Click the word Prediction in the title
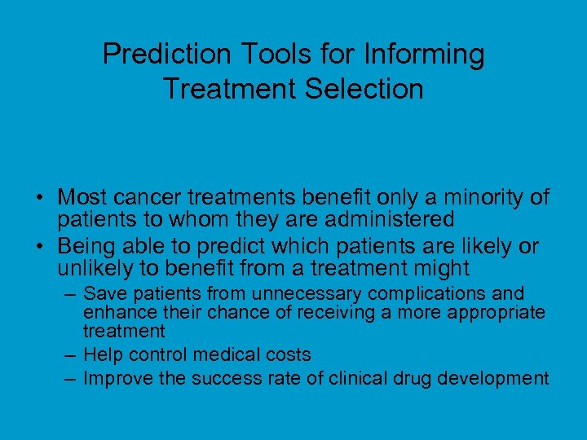pos(168,55)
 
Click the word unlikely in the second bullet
pos(97,268)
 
